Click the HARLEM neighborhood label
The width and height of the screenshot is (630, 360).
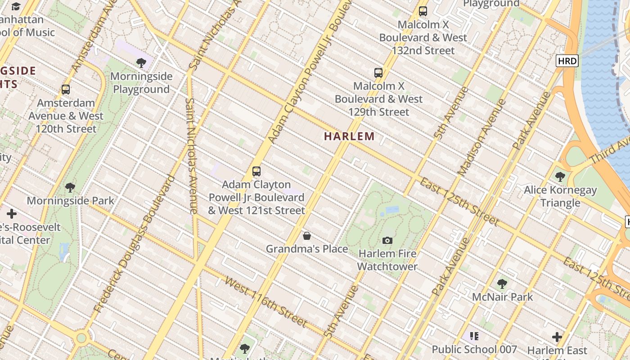[x=349, y=136]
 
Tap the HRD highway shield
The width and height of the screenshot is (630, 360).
[x=567, y=61]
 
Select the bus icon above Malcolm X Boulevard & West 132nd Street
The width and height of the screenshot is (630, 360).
[x=423, y=11]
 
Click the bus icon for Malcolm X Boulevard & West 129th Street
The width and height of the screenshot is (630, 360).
[x=378, y=72]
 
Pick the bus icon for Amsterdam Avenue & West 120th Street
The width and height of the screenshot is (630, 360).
[x=66, y=90]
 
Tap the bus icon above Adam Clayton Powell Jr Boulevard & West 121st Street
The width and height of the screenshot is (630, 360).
[x=256, y=171]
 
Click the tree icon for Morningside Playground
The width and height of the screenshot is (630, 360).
[x=141, y=63]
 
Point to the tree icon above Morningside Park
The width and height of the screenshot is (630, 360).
[x=70, y=187]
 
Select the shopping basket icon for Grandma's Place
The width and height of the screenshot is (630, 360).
[x=307, y=236]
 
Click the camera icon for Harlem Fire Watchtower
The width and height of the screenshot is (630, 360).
[x=387, y=240]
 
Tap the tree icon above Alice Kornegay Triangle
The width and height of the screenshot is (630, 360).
[x=560, y=176]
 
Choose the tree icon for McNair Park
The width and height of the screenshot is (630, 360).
[x=502, y=283]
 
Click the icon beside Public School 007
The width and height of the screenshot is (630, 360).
[x=474, y=336]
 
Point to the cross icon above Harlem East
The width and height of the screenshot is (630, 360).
[x=557, y=337]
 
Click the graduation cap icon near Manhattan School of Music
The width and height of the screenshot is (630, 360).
[x=16, y=6]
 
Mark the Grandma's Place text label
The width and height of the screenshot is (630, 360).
[x=307, y=249]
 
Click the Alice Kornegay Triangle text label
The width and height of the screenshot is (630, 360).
[x=560, y=196]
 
